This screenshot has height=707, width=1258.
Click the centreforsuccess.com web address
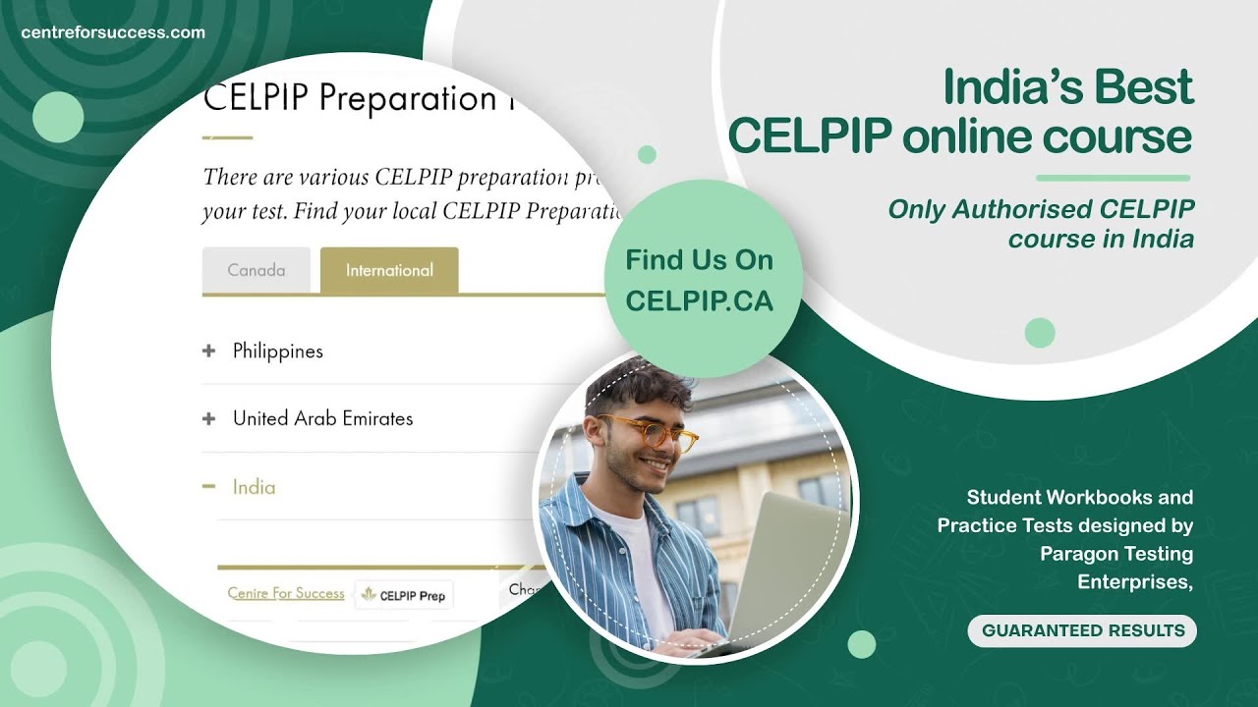pos(113,32)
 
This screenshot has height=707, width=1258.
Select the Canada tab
pos(257,270)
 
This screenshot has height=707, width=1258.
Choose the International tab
pos(389,270)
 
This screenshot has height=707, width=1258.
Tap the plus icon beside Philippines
pos(208,351)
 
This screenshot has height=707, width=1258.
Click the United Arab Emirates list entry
pos(322,418)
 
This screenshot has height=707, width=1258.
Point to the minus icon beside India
pos(208,486)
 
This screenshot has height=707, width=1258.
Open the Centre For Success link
pos(286,593)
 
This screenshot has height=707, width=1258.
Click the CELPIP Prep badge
pos(404,595)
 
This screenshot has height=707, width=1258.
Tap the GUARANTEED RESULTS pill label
pos(1082,630)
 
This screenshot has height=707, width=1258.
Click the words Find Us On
pos(699,260)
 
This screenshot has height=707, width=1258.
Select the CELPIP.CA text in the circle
pos(699,301)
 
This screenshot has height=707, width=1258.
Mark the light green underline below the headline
pos(1113,178)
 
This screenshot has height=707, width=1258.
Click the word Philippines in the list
pos(277,351)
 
